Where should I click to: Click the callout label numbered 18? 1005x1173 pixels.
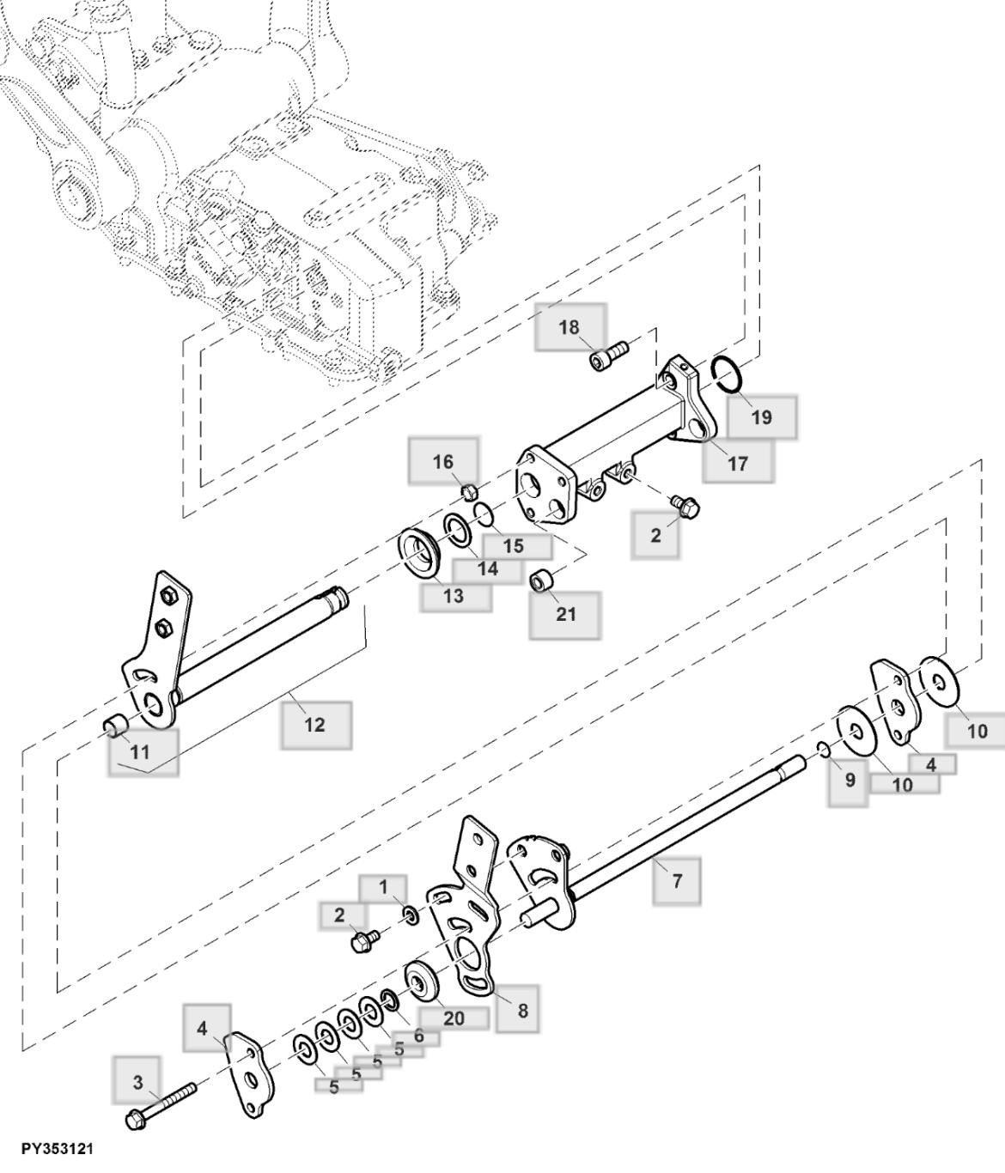click(569, 327)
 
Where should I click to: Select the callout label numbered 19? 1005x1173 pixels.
click(761, 417)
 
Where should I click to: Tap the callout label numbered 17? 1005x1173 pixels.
click(737, 463)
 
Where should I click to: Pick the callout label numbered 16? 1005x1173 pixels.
click(442, 462)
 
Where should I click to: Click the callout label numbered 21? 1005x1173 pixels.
click(564, 614)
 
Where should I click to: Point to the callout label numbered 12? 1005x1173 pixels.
click(315, 724)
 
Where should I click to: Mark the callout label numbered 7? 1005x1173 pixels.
click(676, 880)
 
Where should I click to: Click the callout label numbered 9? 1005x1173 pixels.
click(849, 780)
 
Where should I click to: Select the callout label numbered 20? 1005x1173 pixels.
click(454, 1018)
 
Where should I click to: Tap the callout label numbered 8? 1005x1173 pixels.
click(522, 1010)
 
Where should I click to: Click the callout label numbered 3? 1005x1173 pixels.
click(138, 1082)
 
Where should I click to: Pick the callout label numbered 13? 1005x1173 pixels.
click(455, 596)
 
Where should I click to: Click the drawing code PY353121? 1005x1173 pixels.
click(58, 1149)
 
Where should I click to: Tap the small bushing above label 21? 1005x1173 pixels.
click(541, 580)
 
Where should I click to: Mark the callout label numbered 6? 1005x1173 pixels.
click(417, 1036)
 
